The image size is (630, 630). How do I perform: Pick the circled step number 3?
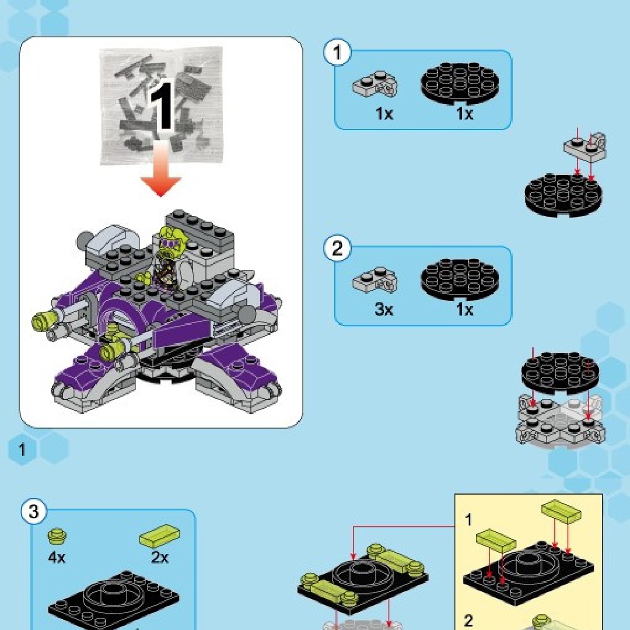(x=34, y=512)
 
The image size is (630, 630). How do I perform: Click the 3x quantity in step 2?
(x=384, y=310)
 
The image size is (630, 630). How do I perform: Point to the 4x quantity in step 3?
(x=57, y=558)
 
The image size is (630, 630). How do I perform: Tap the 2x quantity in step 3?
(x=160, y=558)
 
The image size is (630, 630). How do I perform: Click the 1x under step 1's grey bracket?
(x=384, y=114)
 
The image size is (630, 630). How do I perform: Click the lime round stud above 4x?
(x=57, y=535)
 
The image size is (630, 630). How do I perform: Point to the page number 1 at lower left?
(x=22, y=450)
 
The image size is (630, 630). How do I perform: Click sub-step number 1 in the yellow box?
(x=468, y=520)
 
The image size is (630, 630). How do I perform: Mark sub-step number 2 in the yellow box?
(x=468, y=621)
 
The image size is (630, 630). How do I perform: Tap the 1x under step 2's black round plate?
(x=465, y=310)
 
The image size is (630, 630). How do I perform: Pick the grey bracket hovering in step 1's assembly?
(x=585, y=146)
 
